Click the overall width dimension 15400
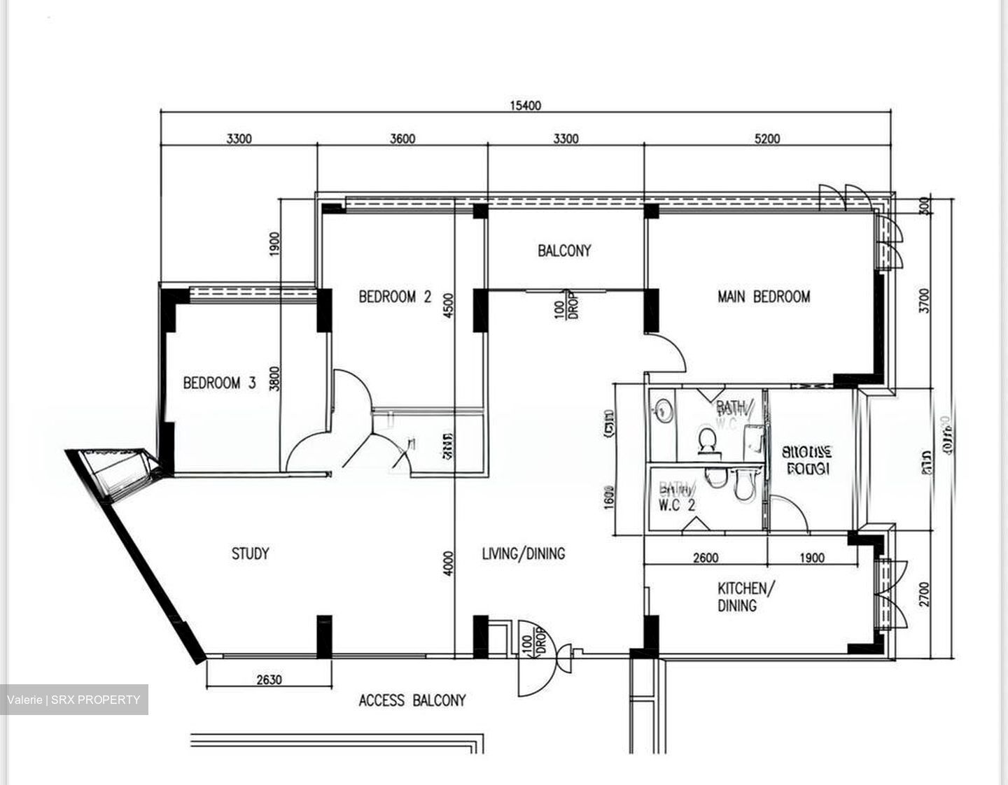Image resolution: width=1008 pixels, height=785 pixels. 526,106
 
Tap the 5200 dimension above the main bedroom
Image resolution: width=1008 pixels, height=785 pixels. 767,139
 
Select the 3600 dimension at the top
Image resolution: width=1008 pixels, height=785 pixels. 402,139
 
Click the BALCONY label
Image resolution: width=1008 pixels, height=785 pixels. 564,250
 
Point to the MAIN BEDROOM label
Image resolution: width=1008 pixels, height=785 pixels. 764,297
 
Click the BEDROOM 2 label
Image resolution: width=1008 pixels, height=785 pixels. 395,297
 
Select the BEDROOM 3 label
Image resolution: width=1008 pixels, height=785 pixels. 219,383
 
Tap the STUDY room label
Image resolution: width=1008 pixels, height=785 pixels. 250,553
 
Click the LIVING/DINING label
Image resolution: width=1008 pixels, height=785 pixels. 523,553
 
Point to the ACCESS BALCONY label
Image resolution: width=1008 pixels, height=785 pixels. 412,700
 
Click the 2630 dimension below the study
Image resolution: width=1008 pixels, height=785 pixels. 269,679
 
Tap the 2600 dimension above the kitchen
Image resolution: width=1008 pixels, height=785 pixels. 705,558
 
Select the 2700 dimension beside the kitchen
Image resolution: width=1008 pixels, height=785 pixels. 925,594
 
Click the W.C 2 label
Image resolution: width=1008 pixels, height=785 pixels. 676,504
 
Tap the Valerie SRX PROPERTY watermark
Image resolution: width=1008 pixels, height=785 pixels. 74,700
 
